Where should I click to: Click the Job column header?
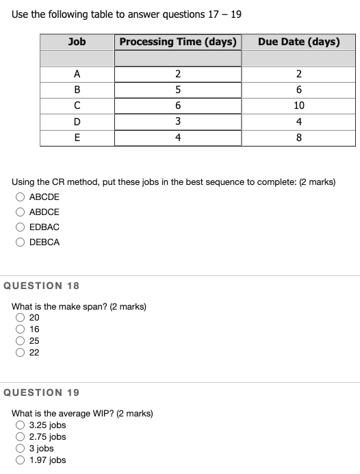click(77, 42)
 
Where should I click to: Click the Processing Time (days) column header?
click(178, 42)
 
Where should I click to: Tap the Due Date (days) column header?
click(298, 42)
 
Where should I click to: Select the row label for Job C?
click(77, 105)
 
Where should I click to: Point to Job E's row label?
click(77, 137)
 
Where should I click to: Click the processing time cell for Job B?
click(178, 90)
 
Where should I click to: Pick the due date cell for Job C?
click(298, 105)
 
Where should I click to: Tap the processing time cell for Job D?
click(178, 121)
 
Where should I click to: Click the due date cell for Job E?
click(298, 137)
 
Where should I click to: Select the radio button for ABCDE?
click(21, 197)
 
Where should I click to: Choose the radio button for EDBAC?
click(21, 227)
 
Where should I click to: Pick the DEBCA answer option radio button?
click(21, 242)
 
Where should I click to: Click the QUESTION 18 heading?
click(42, 286)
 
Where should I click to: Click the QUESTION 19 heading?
click(42, 392)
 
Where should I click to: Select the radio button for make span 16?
click(21, 329)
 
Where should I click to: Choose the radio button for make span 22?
click(21, 352)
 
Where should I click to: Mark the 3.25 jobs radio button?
click(21, 425)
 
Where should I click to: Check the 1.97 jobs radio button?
click(21, 460)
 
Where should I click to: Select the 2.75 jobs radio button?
click(21, 436)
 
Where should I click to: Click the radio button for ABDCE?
click(21, 212)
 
